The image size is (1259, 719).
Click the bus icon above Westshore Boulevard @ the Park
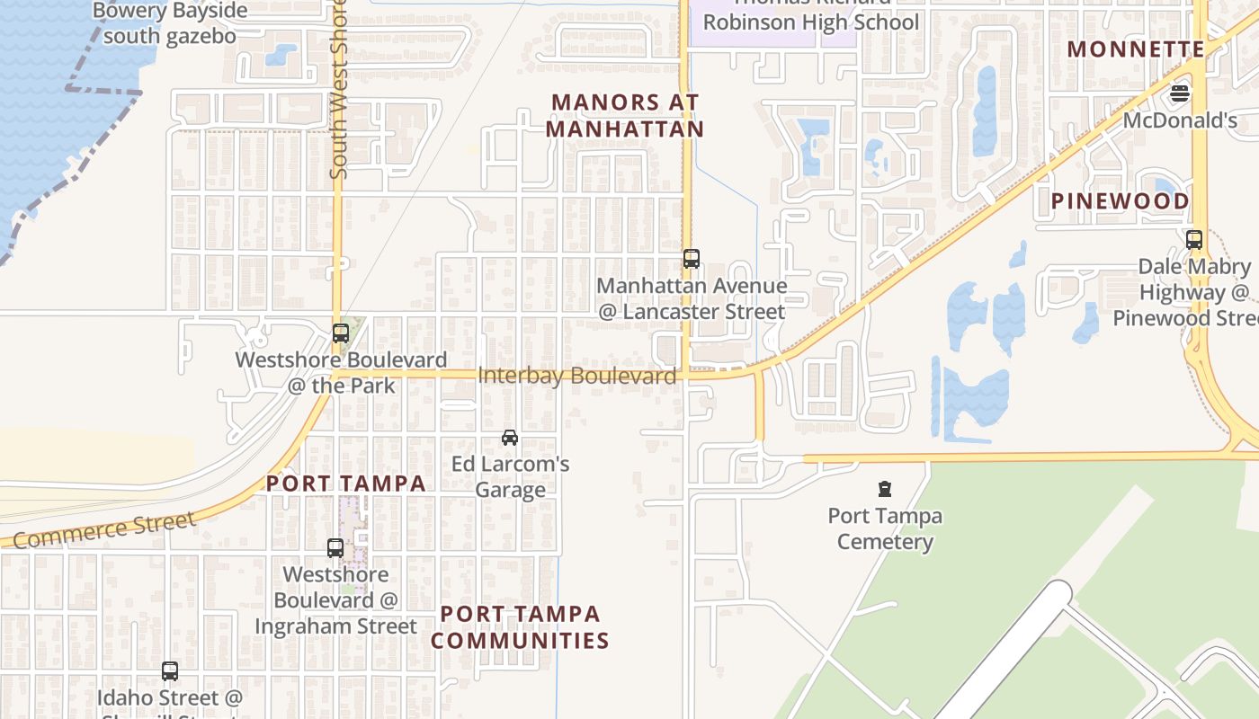pos(341,333)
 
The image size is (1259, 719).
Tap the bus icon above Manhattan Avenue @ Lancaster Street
pos(691,259)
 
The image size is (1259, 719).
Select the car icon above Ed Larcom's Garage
pos(510,438)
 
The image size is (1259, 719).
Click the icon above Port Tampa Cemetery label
pos(885,489)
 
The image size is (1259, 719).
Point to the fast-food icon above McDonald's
pos(1180,93)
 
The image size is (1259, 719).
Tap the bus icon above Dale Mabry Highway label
pos(1194,240)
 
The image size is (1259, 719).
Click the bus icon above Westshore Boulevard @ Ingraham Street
pos(335,547)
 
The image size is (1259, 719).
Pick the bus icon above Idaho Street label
pos(170,670)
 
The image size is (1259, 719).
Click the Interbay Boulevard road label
pos(577,376)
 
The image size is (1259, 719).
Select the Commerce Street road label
pos(104,529)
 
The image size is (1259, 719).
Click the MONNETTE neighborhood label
pos(1135,49)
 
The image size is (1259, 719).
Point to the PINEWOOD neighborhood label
pos(1121,200)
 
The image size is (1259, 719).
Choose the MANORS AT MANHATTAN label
pos(625,116)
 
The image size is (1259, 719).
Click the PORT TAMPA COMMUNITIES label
pos(520,627)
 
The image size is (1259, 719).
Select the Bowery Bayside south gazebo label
pos(170,23)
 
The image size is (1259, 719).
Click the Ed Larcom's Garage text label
pos(511,477)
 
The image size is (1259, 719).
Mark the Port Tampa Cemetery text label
pos(885,528)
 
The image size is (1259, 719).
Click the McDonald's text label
pos(1180,120)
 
